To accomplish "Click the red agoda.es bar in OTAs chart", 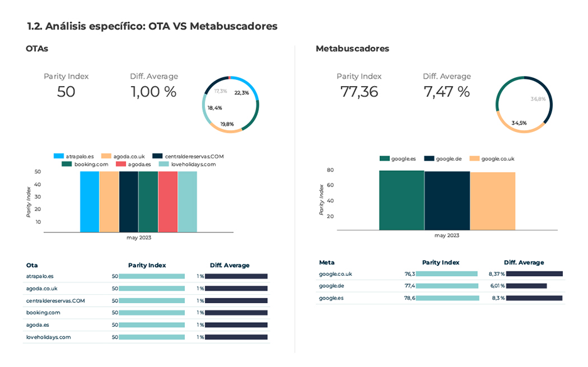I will click(168, 202).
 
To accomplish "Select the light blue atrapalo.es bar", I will click(89, 202).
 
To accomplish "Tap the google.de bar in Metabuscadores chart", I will click(447, 201).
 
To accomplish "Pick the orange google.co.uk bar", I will click(492, 202).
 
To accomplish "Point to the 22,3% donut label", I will click(241, 92).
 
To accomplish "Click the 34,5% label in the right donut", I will click(519, 123).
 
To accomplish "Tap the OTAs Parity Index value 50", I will click(66, 92).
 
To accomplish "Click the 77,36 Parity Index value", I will click(359, 92).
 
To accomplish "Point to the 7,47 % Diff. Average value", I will click(447, 92).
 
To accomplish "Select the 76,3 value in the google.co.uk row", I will click(409, 274).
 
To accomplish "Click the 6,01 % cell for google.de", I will click(496, 286).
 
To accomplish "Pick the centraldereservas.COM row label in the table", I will click(55, 300).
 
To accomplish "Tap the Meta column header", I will click(327, 262).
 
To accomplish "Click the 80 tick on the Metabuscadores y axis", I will click(330, 170).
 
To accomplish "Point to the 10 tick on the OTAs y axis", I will click(38, 222).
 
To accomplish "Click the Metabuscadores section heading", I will click(352, 48).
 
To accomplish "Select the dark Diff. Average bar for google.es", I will click(534, 298).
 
